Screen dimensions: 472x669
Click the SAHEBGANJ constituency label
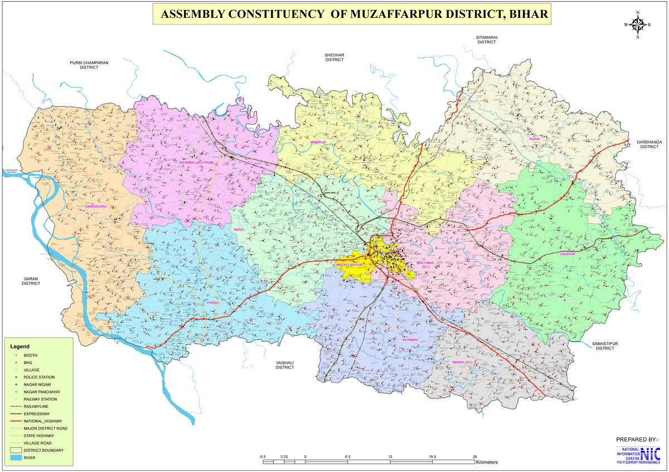[96, 207]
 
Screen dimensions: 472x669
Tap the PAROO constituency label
[213, 303]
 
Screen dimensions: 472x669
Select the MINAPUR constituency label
[318, 143]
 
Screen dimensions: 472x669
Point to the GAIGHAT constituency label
[568, 254]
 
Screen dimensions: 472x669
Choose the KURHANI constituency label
[410, 339]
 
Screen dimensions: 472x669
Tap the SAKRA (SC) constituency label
[462, 362]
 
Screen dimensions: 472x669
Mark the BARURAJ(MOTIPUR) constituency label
[197, 162]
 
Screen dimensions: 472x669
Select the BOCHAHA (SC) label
[425, 265]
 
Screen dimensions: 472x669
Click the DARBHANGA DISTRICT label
[649, 144]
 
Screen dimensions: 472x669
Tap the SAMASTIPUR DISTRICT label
[604, 346]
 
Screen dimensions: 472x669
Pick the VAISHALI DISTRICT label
[284, 365]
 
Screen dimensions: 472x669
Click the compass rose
[638, 25]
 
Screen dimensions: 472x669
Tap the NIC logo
[650, 455]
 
